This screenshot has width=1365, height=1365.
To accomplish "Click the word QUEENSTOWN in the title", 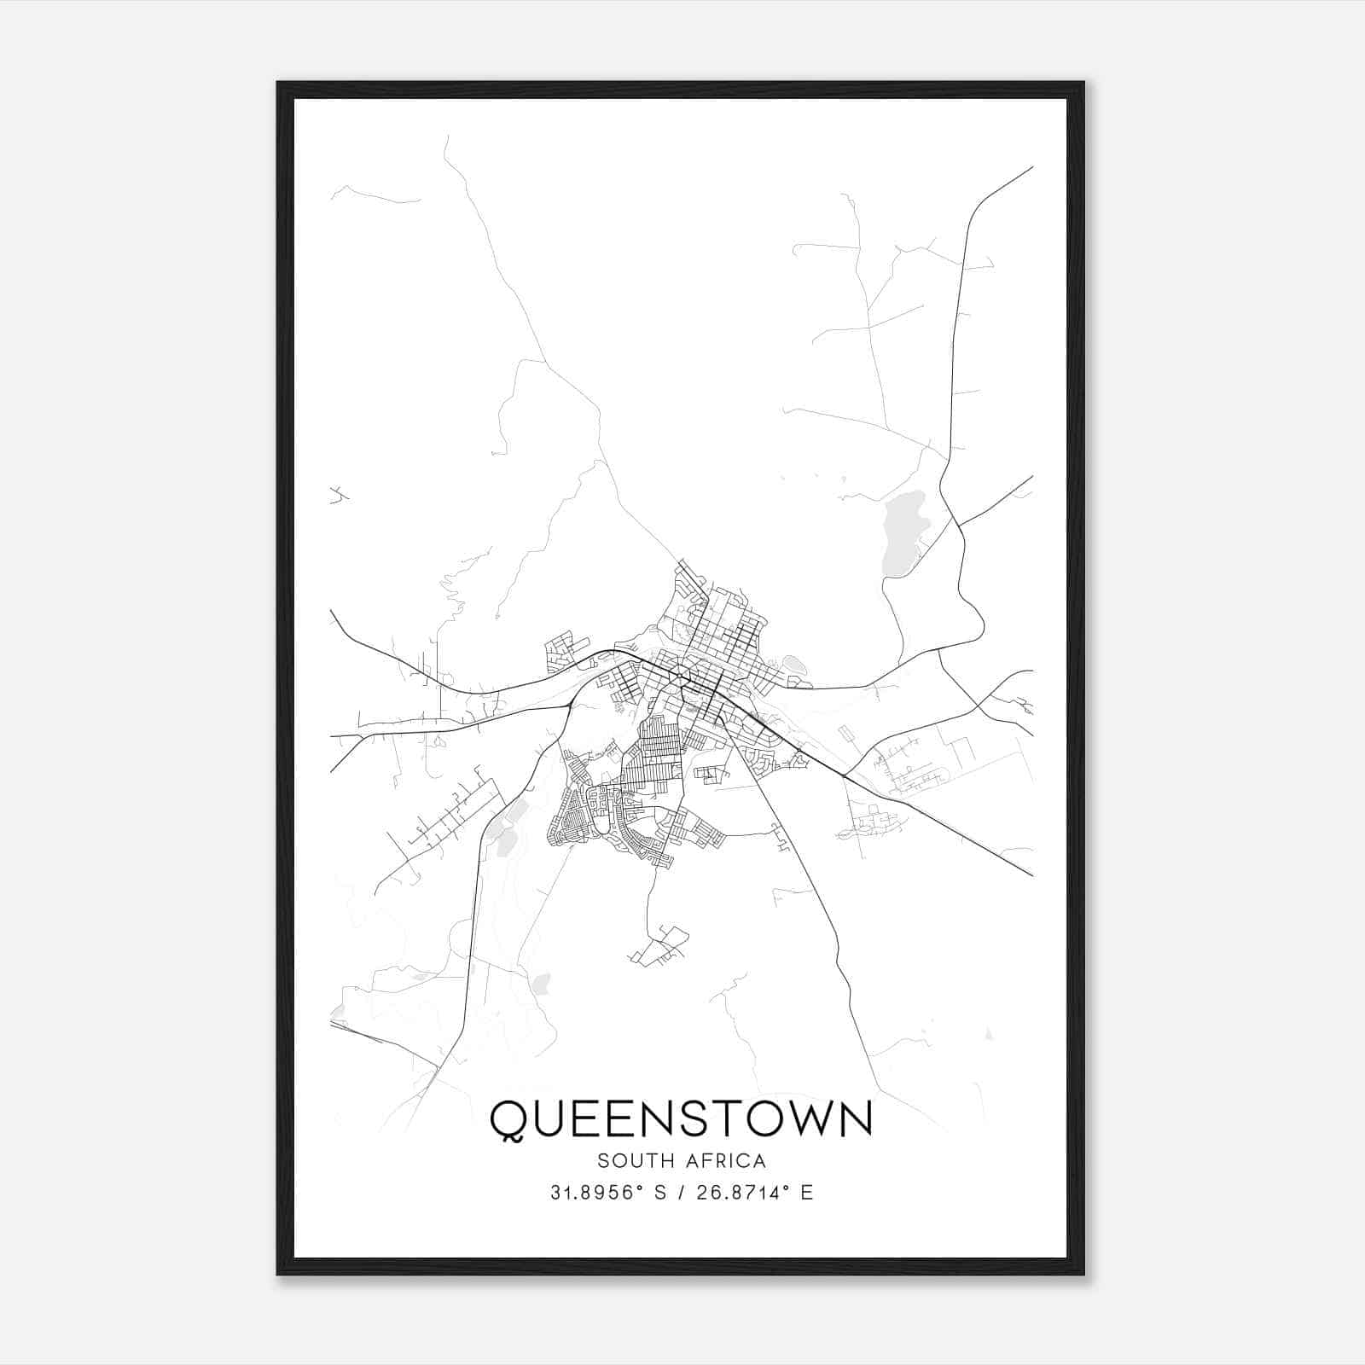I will pyautogui.click(x=681, y=1118).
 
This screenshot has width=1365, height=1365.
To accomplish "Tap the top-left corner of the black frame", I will pyautogui.click(x=279, y=84).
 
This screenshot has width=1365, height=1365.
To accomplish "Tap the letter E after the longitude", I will pyautogui.click(x=806, y=1193).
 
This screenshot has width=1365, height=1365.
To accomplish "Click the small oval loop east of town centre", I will pyautogui.click(x=793, y=663).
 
